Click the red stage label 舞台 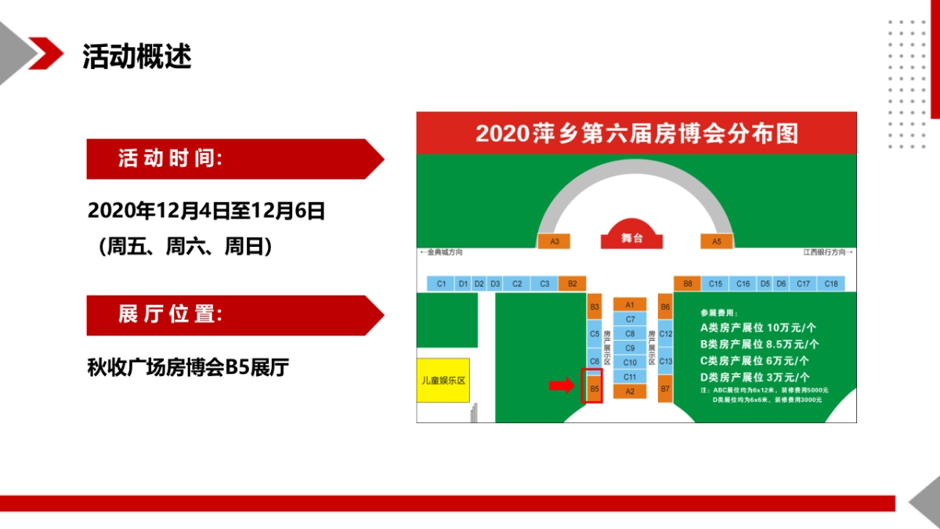coord(631,237)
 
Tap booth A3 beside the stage coord(555,241)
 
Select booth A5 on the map coord(716,241)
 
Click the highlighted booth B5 coord(595,388)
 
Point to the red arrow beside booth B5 coord(561,385)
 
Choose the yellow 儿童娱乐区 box coord(443,380)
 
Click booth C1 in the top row coord(441,284)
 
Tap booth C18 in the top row coord(830,284)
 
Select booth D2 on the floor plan coord(479,284)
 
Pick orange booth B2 coord(572,284)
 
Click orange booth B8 coord(688,284)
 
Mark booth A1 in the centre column coord(630,304)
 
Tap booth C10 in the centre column coord(630,362)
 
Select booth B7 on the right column coord(665,389)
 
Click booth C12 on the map coord(665,334)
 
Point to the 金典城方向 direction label coord(442,252)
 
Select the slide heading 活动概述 coord(137,56)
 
